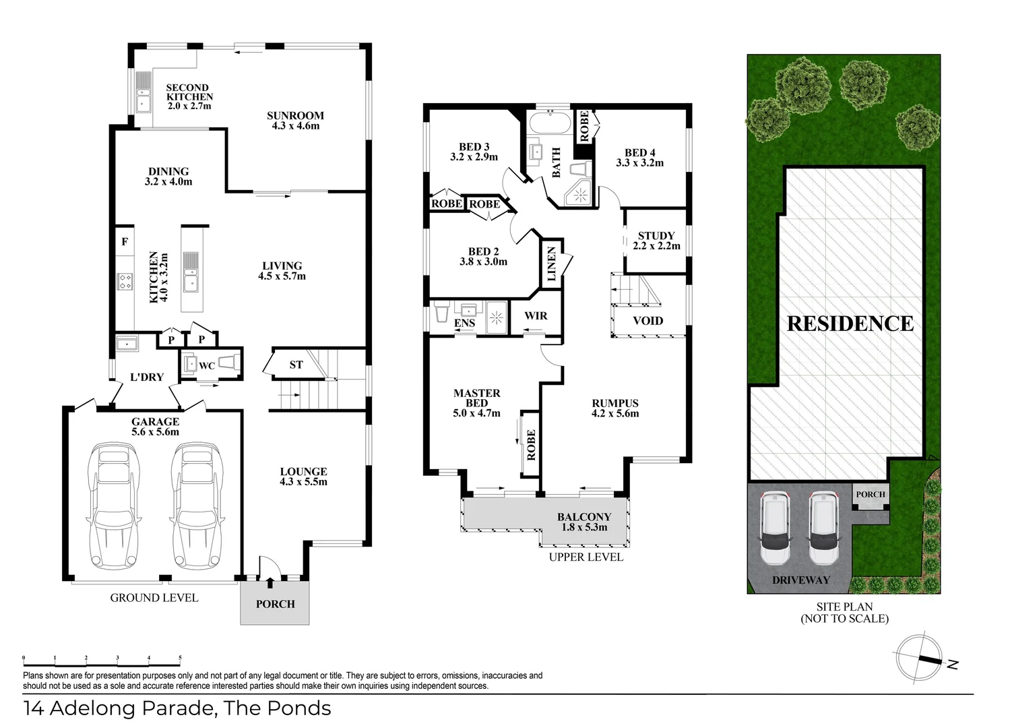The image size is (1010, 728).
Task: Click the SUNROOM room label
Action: (x=295, y=115)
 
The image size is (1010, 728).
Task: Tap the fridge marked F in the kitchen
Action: (x=125, y=242)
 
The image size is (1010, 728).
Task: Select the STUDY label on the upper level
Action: (x=656, y=235)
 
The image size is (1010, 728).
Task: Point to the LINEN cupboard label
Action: (x=551, y=264)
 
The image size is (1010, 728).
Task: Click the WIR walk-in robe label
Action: (x=536, y=315)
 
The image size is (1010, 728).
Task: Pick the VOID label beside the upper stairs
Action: (x=648, y=321)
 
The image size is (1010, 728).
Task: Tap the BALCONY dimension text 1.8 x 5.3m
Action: (x=584, y=527)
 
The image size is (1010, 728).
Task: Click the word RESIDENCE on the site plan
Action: (x=850, y=324)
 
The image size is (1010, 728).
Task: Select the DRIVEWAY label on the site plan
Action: (x=801, y=580)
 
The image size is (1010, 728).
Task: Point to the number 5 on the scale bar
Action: (x=180, y=658)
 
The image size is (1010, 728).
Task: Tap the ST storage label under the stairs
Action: (x=296, y=365)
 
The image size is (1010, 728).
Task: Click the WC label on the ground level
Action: (x=207, y=366)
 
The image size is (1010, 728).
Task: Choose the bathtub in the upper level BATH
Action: (x=549, y=122)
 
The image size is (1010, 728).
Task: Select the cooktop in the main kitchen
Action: (x=125, y=282)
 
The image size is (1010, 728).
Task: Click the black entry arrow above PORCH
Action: (x=270, y=583)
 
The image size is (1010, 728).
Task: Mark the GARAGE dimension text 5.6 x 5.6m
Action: (x=155, y=431)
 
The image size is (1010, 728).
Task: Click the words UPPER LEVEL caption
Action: (x=586, y=557)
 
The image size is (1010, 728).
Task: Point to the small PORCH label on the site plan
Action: (x=871, y=494)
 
